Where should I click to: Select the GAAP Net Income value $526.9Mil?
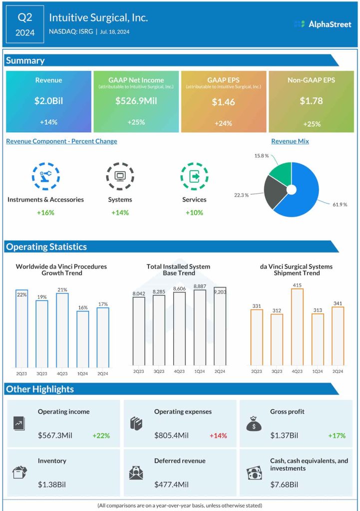pos(136,101)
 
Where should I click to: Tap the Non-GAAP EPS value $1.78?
pos(311,101)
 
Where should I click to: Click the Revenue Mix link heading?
pos(290,141)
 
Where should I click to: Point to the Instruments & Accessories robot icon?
pos(45,176)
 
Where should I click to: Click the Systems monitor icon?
pos(120,176)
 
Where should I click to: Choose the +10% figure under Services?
pos(194,213)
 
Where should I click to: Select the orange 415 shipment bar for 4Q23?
pos(297,327)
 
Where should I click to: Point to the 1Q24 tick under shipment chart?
pos(317,372)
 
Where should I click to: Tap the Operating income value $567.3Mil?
pos(55,436)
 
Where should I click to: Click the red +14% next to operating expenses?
pos(218,436)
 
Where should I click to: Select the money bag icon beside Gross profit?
pos(254,424)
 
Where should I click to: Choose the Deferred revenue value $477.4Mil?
pos(171,485)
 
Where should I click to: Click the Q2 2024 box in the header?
pos(25,24)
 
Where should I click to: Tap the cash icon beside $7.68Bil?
pos(254,473)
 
